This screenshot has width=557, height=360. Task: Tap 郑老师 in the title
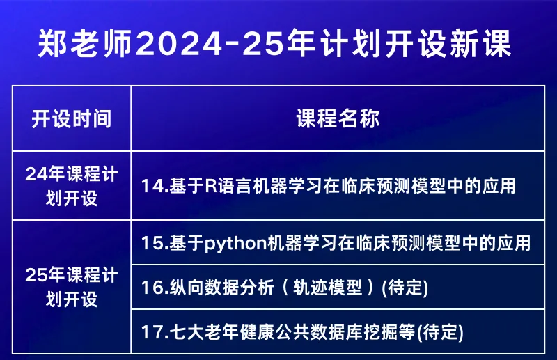coord(85,44)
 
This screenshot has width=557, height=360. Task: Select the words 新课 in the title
coord(480,44)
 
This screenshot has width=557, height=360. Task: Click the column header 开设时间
coord(72,118)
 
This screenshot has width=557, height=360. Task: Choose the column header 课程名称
coord(338,118)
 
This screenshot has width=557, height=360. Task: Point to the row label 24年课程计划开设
coord(72,186)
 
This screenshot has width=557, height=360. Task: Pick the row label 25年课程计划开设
coord(72,287)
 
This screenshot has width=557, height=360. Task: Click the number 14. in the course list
coord(155,186)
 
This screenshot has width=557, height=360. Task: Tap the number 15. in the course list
coord(155,243)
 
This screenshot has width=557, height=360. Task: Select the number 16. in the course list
coord(155,287)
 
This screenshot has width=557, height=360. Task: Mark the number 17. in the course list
coord(155,332)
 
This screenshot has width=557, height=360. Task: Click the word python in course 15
coord(235,244)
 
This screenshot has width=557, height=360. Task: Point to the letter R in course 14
coord(211,186)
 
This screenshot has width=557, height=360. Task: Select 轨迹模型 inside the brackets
coord(327,287)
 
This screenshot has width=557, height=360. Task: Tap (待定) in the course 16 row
coord(405,288)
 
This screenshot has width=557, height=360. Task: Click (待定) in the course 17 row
coord(440,333)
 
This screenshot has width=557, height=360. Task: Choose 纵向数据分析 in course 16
coord(221,287)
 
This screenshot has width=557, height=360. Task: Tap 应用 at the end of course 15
coord(513,243)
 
